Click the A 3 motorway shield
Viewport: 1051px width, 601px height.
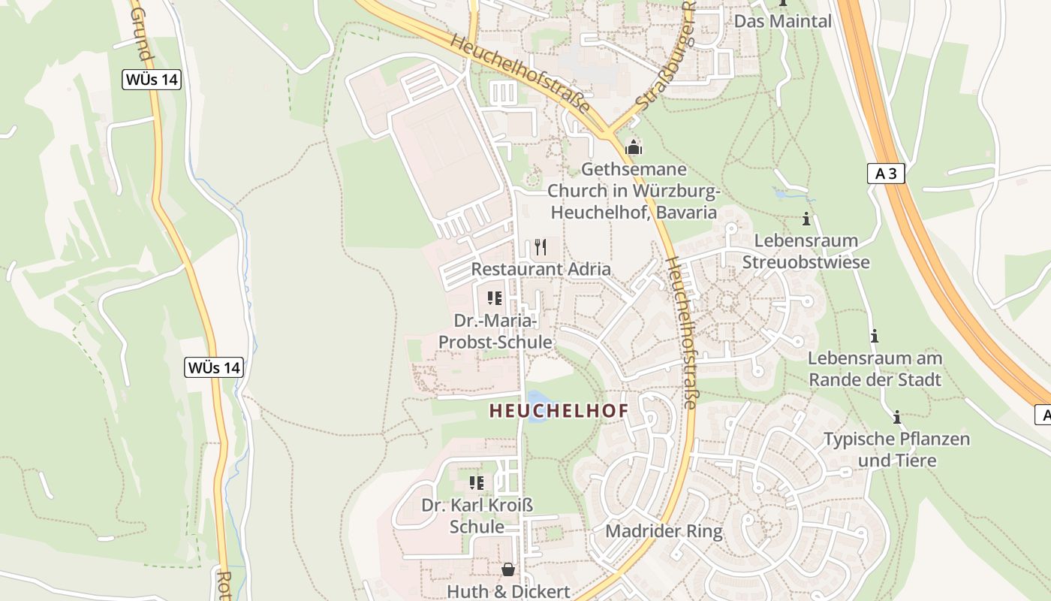coord(886,174)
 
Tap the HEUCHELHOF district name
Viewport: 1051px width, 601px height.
coord(559,411)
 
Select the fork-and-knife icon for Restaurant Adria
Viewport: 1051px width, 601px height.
coord(540,247)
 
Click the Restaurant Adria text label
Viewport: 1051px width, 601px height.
coord(541,269)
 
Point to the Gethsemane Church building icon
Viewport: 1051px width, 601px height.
coord(634,147)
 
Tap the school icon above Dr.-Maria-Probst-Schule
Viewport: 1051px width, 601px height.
coord(495,298)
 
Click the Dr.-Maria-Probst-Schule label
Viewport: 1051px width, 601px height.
coord(495,331)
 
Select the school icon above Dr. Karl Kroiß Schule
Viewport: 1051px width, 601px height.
coord(477,482)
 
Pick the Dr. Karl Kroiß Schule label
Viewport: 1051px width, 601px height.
coord(477,515)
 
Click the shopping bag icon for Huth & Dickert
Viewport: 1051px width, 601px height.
coord(508,569)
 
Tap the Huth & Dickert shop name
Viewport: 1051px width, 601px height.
coord(508,591)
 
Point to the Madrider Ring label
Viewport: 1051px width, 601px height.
coord(664,531)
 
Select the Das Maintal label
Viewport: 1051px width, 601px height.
coord(783,21)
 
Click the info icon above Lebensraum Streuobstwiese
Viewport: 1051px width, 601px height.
coord(806,219)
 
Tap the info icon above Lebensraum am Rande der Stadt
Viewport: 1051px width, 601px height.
coord(874,336)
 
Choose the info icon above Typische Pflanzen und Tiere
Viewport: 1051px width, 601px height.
coord(896,417)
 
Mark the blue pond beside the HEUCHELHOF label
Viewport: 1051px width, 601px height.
coord(536,406)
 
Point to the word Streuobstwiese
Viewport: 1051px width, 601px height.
coord(806,262)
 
